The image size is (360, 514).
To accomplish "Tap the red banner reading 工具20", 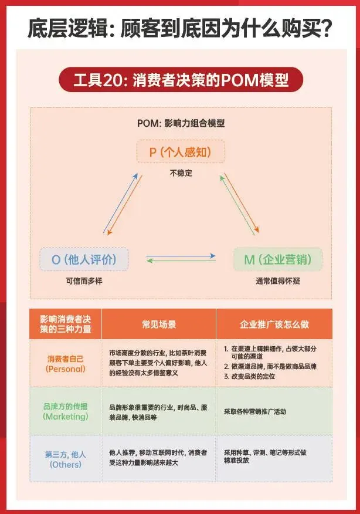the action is (x=181, y=80).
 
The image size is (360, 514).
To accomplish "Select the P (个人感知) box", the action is (x=181, y=151).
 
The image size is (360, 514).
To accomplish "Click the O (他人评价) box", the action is (x=84, y=259).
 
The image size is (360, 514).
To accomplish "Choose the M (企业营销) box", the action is (x=278, y=259).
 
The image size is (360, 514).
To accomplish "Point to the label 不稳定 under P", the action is (x=181, y=173).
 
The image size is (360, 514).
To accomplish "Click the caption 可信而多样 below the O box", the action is (x=84, y=281).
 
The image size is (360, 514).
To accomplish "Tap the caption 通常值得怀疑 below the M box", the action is (x=278, y=281).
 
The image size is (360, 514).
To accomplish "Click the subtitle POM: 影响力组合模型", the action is (x=181, y=123).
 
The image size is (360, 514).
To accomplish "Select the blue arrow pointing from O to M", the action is (x=181, y=256).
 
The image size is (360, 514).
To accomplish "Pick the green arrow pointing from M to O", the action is (x=181, y=261).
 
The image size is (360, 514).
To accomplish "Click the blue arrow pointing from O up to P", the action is (x=120, y=203).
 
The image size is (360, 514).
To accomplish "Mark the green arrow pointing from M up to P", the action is (x=237, y=205).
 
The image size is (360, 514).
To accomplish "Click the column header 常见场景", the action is (x=159, y=324).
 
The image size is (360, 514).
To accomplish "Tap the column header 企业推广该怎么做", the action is (x=274, y=324).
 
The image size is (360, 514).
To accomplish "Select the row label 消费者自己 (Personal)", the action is (x=66, y=364).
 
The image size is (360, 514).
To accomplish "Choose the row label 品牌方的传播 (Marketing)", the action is (x=66, y=411).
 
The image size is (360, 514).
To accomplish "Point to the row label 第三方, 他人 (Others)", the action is (x=66, y=459).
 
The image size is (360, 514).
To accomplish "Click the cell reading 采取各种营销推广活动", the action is (x=255, y=411).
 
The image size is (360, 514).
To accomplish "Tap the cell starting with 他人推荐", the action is (x=158, y=458).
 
